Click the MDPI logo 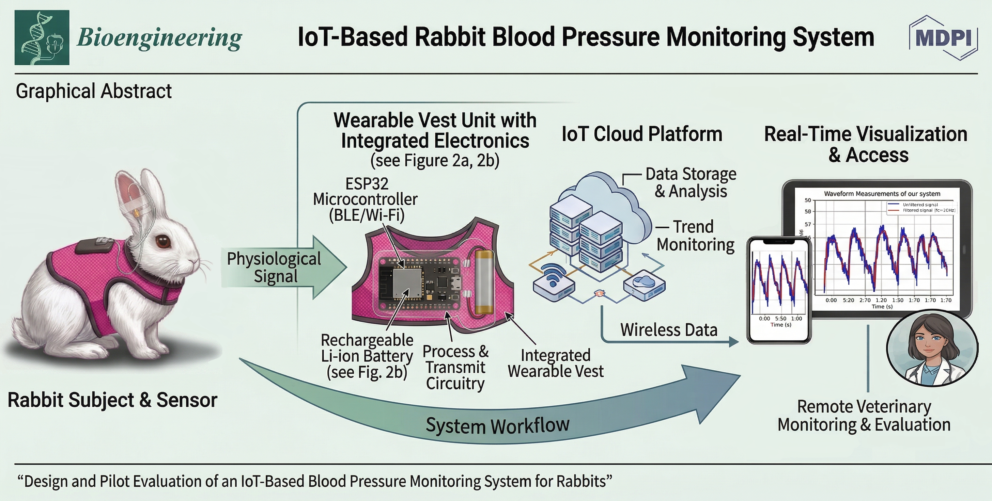coord(944,38)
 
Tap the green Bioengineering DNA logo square coord(42,37)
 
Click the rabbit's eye coord(163,242)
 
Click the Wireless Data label coord(668,330)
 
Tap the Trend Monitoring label coord(695,236)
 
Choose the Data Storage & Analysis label coord(691,182)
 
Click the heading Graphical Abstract coord(94,91)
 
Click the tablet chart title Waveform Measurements coord(882,194)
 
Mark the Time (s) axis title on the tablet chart coord(882,307)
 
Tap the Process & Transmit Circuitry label coord(455,367)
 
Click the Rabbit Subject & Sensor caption coord(112,400)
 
